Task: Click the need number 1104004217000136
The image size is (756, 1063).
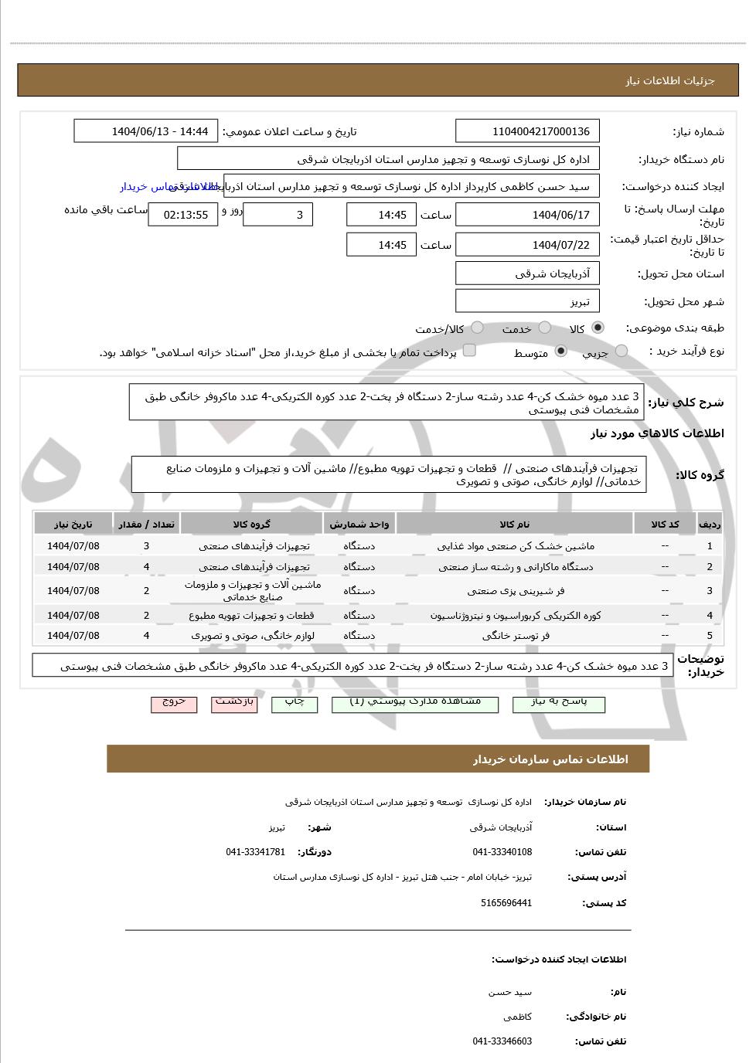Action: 528,131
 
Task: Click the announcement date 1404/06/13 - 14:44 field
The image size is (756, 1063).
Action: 146,131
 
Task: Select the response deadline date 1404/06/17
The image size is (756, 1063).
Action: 528,215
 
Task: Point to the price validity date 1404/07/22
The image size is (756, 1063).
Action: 528,245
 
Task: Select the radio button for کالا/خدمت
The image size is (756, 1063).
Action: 478,328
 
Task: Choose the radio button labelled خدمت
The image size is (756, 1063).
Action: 545,328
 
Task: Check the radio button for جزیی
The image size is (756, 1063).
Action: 621,352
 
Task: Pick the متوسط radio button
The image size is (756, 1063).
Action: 561,352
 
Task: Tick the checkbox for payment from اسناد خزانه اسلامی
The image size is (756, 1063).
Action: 469,352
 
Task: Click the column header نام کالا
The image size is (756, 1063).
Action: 516,525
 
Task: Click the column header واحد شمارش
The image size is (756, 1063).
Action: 359,525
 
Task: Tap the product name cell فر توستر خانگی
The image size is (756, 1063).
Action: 516,636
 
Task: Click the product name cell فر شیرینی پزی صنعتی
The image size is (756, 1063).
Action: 516,591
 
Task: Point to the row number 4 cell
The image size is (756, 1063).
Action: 710,616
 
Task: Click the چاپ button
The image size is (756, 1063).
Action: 295,703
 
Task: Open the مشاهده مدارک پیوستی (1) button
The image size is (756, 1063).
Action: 415,703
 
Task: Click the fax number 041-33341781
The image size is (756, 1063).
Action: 256,852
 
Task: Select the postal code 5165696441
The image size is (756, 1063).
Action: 506,903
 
